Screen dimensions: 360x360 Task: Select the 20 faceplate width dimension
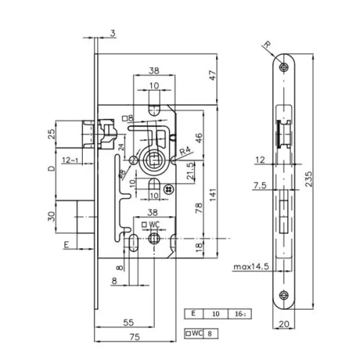point(286,324)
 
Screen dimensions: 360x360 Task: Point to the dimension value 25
point(50,135)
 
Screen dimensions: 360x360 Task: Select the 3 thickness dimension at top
point(113,32)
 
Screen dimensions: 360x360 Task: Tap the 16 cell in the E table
point(240,314)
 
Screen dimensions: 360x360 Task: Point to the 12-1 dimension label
point(71,159)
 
